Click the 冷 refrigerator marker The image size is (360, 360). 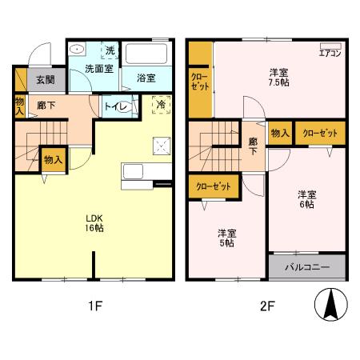pos(161,104)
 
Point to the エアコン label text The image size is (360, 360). pos(330,54)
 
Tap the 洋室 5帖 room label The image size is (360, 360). pos(228,239)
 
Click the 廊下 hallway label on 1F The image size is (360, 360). pos(45,104)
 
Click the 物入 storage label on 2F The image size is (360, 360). pos(279,133)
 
